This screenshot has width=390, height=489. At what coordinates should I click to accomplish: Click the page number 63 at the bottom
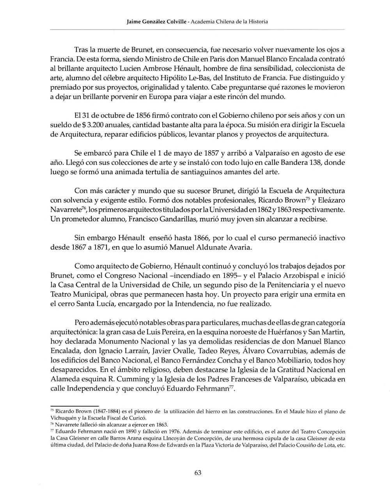coord(198,473)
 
